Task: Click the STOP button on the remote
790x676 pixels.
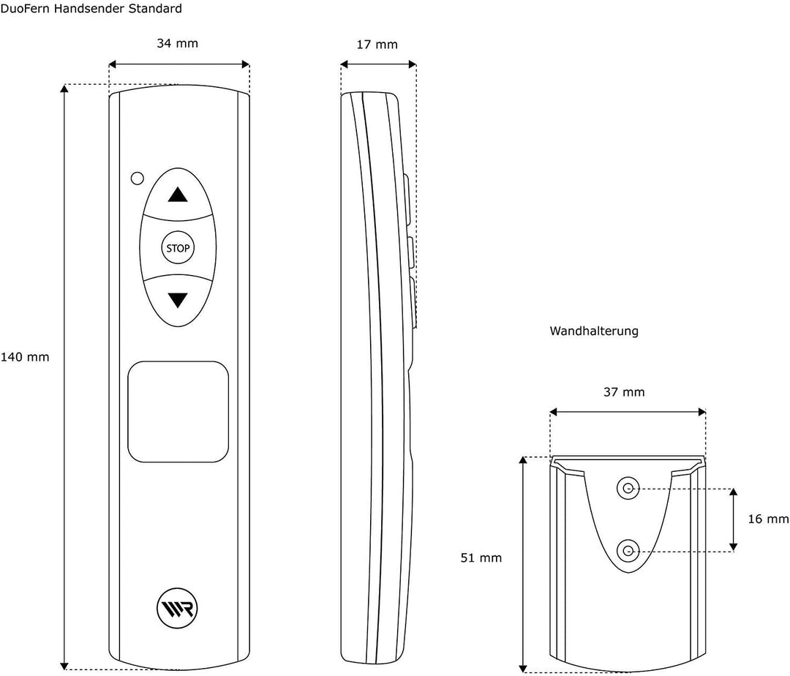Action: [x=178, y=248]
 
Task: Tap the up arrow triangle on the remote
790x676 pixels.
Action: [x=177, y=195]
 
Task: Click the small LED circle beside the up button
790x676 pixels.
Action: [x=137, y=179]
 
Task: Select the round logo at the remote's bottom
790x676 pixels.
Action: [x=177, y=608]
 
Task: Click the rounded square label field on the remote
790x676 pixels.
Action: [x=178, y=412]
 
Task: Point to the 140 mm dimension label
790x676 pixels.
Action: [x=25, y=357]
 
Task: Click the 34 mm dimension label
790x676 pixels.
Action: [x=177, y=43]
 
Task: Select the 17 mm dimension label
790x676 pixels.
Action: [x=377, y=45]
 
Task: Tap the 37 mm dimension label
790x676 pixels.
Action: [x=624, y=392]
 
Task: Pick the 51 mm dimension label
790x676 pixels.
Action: [x=481, y=557]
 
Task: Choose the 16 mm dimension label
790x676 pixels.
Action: [x=768, y=519]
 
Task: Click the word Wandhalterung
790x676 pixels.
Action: [x=594, y=331]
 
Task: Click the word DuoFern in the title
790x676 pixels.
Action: [x=23, y=9]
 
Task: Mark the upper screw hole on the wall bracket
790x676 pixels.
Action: [x=628, y=487]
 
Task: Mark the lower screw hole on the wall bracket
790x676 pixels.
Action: [x=628, y=551]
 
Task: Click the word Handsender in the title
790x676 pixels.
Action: [x=85, y=9]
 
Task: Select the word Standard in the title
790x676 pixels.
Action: [x=152, y=9]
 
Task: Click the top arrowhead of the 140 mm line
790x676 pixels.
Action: [x=64, y=89]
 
